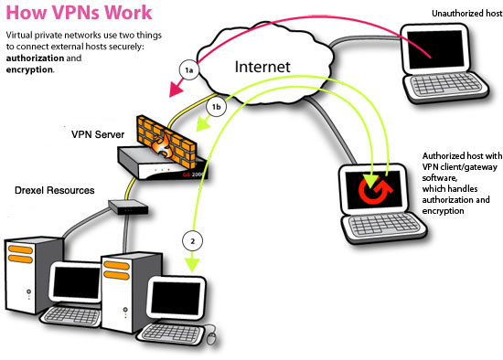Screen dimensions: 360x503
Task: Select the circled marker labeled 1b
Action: pyautogui.click(x=216, y=107)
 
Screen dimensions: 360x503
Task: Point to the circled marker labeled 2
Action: pyautogui.click(x=192, y=241)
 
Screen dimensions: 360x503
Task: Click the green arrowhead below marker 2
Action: pyautogui.click(x=192, y=266)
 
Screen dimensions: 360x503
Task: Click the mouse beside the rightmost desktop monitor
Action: pyautogui.click(x=212, y=339)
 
